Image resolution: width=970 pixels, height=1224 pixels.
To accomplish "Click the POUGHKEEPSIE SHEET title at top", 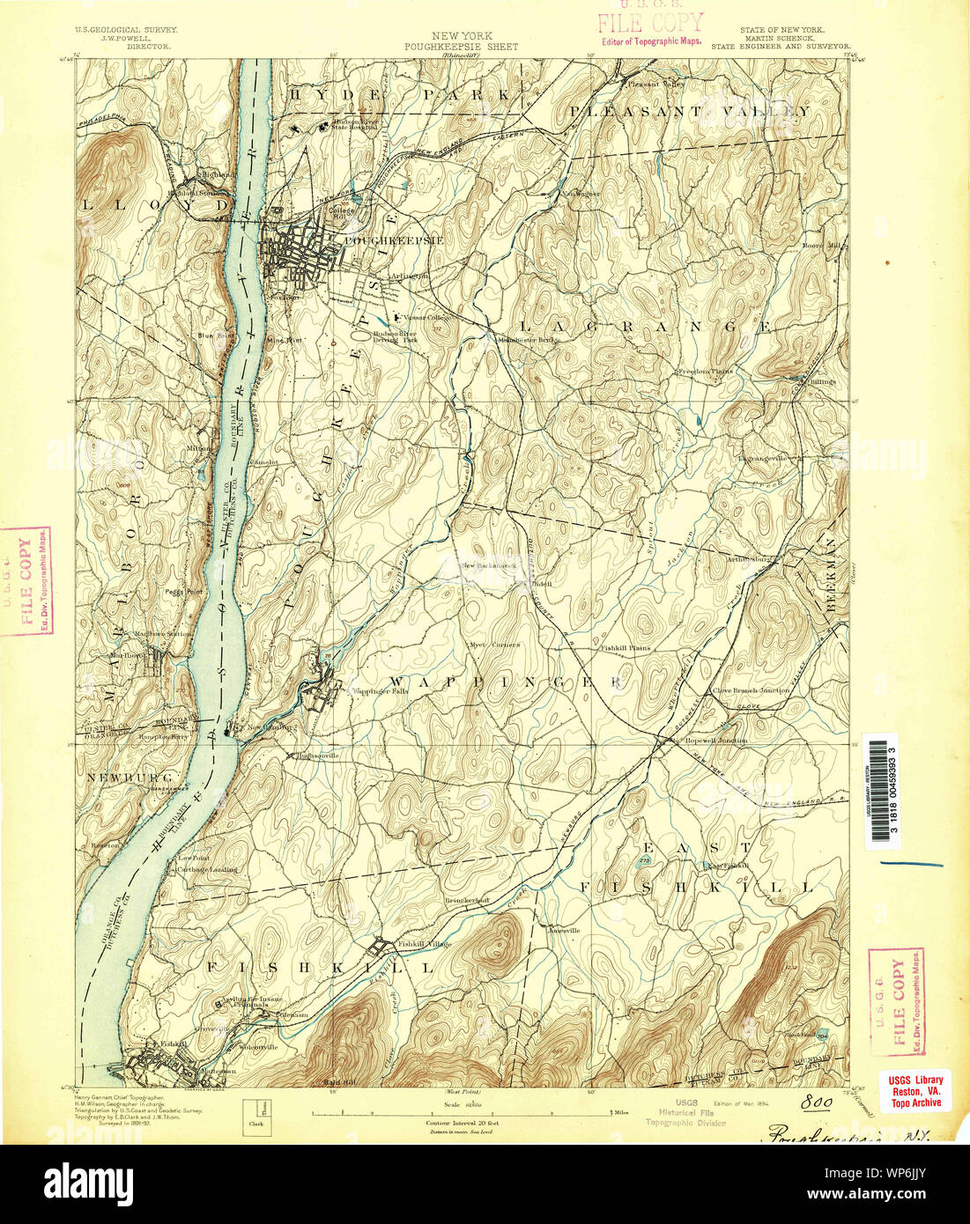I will tap(461, 47).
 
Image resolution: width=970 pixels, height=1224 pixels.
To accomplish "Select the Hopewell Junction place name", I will tap(715, 741).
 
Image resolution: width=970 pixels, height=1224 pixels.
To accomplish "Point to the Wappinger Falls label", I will tap(381, 692).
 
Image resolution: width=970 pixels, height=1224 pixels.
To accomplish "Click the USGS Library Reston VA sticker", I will tap(915, 1090).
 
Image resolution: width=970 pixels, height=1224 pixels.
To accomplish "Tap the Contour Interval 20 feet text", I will tap(463, 1124).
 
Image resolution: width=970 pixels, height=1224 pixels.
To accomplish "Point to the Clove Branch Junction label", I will tap(751, 691).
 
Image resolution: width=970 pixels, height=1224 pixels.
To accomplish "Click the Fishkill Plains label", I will tap(625, 648).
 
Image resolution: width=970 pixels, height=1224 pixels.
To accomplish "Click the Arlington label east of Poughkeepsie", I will tap(410, 275).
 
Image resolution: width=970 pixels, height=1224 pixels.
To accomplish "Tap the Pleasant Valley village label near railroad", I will tap(655, 84).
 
